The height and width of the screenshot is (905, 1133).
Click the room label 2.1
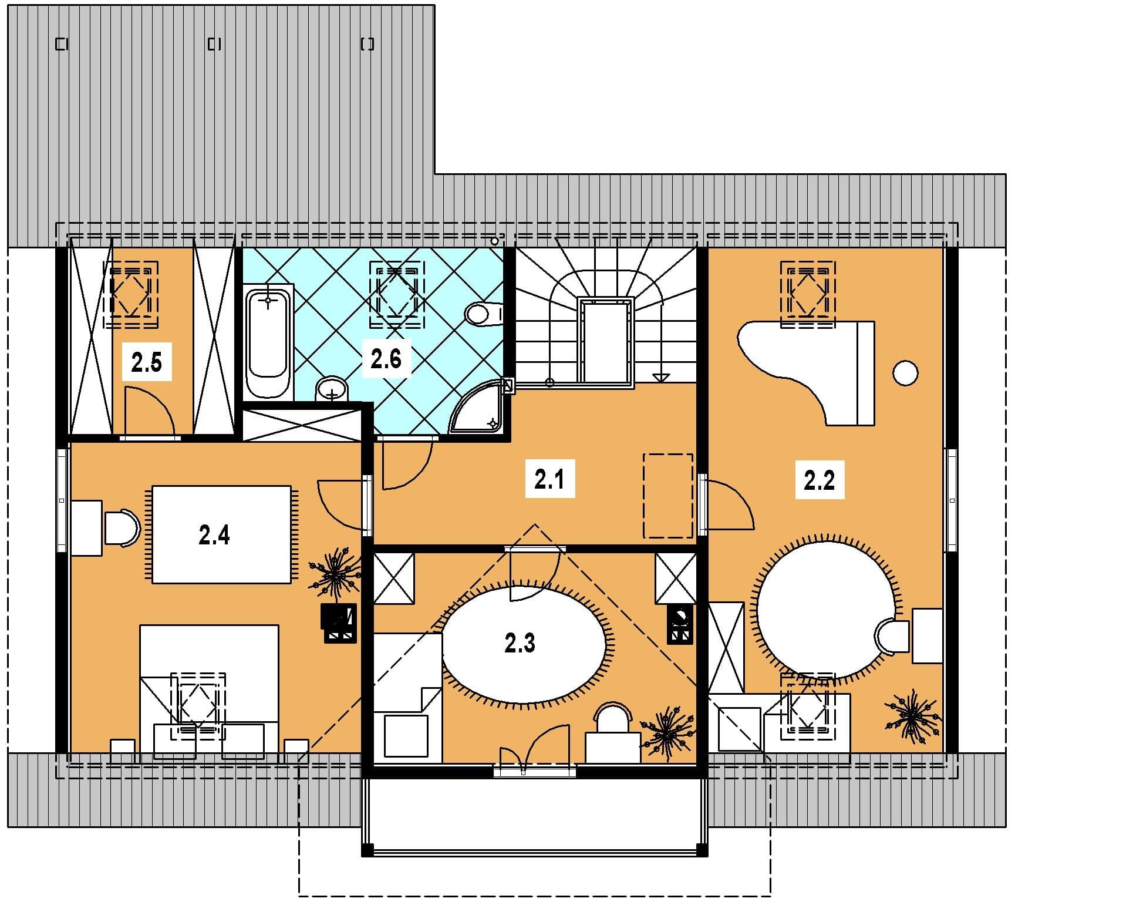549,480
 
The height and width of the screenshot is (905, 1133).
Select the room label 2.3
520,644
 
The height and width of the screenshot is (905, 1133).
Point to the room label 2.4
214,535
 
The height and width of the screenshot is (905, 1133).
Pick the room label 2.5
146,363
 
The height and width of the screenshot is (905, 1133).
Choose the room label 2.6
386,358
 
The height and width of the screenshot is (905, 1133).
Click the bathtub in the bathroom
268,342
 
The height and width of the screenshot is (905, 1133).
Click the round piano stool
905,373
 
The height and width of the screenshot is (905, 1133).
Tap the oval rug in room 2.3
524,644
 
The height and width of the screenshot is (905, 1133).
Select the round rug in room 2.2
827,610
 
